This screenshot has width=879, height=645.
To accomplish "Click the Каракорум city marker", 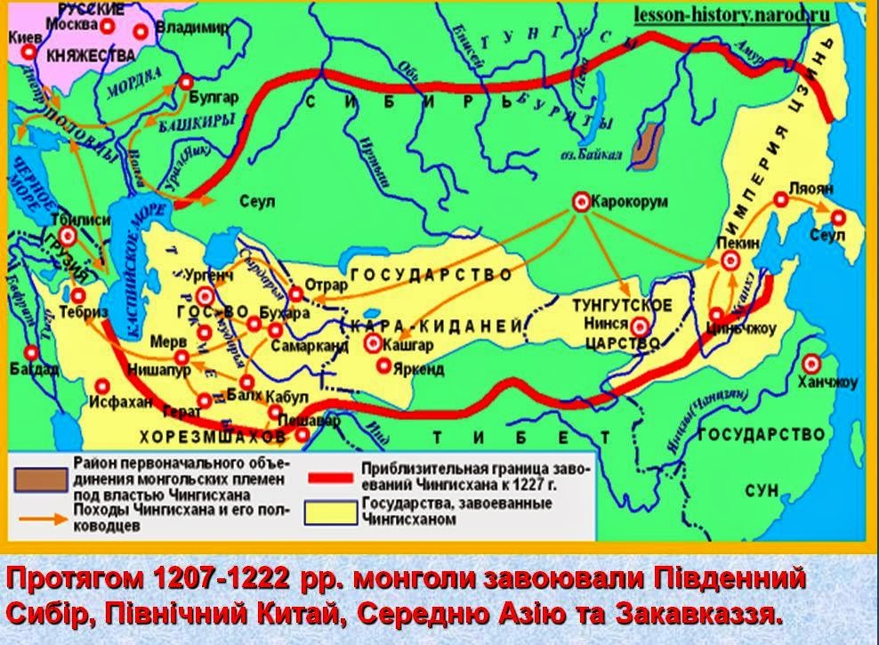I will (580, 202).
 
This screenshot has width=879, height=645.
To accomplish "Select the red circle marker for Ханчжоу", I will (810, 363).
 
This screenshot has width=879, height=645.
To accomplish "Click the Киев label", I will (23, 38).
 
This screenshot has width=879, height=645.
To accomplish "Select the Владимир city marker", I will (141, 31).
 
